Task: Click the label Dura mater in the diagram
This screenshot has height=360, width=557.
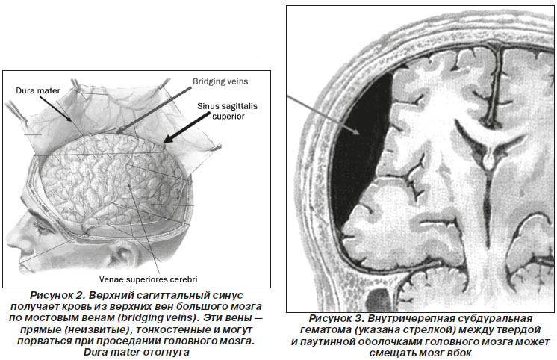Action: (x=38, y=90)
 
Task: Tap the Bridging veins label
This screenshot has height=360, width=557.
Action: (x=220, y=81)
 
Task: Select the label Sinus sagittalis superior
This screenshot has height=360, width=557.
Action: (x=227, y=111)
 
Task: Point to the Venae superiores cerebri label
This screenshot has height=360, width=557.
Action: (x=148, y=279)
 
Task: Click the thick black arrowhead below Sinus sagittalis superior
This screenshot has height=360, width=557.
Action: (x=168, y=139)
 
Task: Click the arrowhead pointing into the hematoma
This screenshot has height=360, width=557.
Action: (x=356, y=131)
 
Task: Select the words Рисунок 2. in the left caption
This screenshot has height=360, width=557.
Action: (x=57, y=295)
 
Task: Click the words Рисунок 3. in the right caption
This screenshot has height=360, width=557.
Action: (x=336, y=318)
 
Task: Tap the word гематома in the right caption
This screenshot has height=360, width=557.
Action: (x=326, y=330)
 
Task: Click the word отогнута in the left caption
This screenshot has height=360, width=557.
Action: (x=167, y=353)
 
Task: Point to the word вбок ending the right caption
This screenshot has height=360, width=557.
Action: (x=459, y=353)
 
